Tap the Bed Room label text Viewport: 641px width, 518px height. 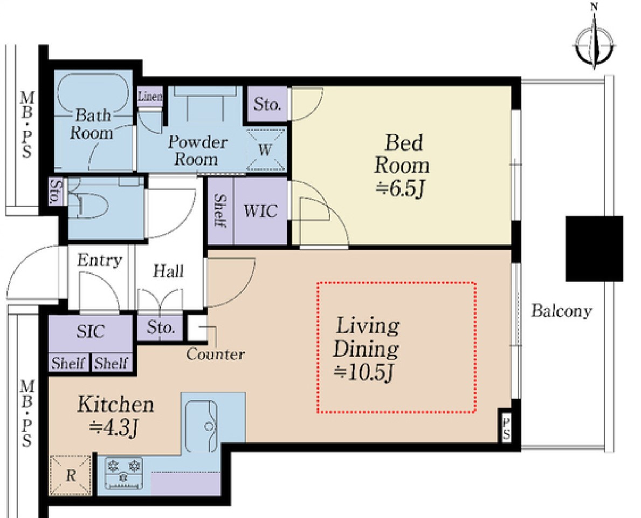point(402,154)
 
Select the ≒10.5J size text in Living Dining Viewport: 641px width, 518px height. point(363,372)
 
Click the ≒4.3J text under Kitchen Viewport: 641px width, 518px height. point(114,427)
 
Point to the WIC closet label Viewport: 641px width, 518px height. point(260,211)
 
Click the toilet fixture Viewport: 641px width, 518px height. point(88,203)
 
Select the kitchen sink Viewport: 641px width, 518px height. point(201,426)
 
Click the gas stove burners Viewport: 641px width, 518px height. point(124,473)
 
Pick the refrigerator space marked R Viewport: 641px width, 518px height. point(70,475)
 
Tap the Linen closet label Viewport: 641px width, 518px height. point(150,97)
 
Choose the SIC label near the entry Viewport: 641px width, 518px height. point(91,331)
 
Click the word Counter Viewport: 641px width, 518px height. point(216,355)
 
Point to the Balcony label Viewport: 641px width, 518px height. point(561,311)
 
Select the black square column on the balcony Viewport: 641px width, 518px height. point(594,249)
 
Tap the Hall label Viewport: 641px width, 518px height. point(168,271)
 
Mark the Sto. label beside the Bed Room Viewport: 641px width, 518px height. point(267,104)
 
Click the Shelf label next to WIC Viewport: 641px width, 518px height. point(220,211)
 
